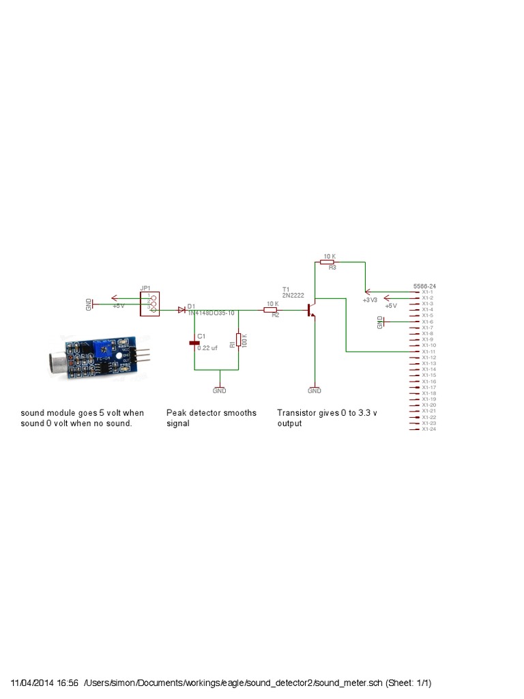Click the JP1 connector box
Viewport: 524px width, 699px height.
[x=150, y=304]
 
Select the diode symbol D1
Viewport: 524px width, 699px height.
[x=181, y=310]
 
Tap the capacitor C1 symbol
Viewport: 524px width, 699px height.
[x=194, y=343]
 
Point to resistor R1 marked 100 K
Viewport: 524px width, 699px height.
[x=239, y=340]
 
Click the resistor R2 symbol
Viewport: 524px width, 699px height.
[x=270, y=310]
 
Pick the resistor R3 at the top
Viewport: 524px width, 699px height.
[x=327, y=261]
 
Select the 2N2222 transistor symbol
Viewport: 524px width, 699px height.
[x=311, y=310]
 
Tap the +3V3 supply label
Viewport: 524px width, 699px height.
[x=370, y=300]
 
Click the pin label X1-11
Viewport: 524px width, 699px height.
[x=429, y=352]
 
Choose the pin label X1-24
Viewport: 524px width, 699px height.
[x=429, y=429]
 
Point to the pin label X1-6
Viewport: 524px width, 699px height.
[x=428, y=322]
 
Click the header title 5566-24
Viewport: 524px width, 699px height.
[x=425, y=286]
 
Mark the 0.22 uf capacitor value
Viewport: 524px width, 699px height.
[x=208, y=348]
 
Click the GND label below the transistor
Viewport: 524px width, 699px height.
[x=315, y=391]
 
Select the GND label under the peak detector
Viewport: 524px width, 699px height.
[x=220, y=391]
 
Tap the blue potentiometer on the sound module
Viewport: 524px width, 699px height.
[x=106, y=344]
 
